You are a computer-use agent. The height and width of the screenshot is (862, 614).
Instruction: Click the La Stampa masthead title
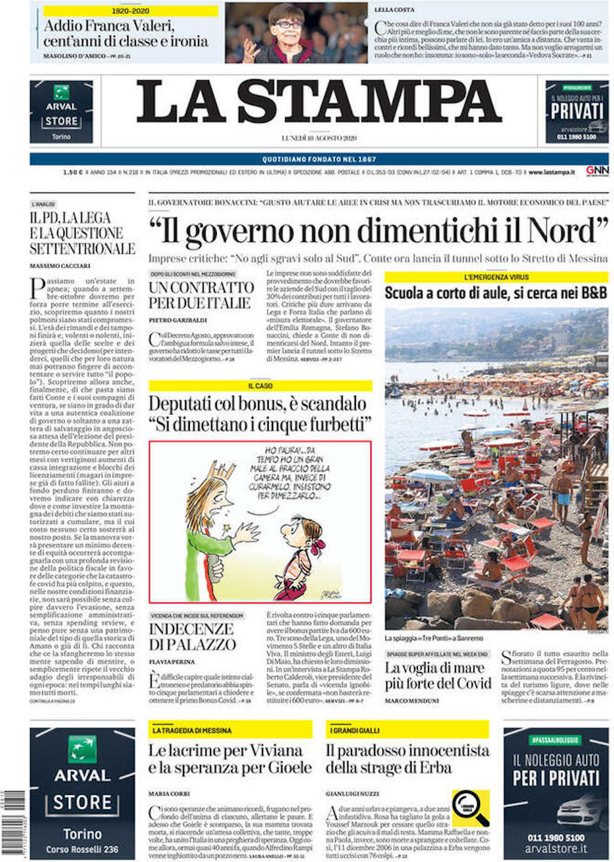319,102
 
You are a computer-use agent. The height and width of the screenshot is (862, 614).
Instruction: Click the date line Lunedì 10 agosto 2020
319,138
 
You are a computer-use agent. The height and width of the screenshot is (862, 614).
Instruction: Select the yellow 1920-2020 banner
130,11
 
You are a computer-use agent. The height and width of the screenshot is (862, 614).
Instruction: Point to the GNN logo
596,171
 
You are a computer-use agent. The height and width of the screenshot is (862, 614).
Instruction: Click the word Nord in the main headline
568,231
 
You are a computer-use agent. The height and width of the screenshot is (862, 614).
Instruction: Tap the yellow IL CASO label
260,386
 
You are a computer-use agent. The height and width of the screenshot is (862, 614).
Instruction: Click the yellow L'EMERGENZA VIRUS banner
496,277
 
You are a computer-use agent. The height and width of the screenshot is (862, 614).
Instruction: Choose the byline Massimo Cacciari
60,266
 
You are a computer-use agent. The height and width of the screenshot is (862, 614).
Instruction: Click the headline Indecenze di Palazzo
192,637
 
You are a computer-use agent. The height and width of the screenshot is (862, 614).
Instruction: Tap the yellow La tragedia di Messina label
192,730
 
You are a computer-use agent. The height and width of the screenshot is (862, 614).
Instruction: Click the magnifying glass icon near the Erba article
471,809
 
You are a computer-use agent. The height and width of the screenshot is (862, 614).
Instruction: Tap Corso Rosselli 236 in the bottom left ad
82,849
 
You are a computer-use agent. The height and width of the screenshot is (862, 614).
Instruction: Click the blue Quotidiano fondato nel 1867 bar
319,159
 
